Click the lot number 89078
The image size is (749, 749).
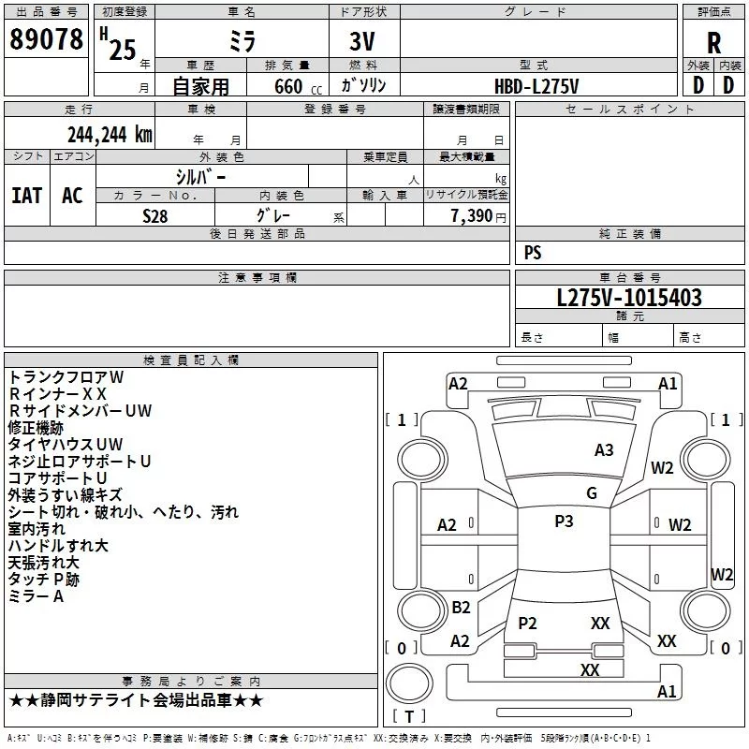(x=45, y=40)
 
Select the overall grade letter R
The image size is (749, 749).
(x=713, y=43)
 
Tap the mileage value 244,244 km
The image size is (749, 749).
(x=109, y=135)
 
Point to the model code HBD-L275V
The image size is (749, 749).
(x=536, y=85)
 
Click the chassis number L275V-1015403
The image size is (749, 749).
(x=629, y=298)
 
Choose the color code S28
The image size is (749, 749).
(x=155, y=215)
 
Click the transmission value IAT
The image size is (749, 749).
(x=27, y=196)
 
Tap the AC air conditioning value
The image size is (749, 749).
(x=72, y=196)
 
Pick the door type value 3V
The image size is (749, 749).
(x=364, y=42)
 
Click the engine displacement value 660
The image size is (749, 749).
(x=287, y=86)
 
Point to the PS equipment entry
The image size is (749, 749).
(x=533, y=253)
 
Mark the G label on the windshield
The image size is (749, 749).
(x=592, y=493)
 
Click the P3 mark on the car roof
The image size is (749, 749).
(x=564, y=521)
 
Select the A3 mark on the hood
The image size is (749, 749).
(x=605, y=450)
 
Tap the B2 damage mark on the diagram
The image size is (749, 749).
(x=461, y=607)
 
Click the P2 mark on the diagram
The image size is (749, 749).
(x=527, y=623)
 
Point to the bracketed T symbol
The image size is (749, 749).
(x=407, y=716)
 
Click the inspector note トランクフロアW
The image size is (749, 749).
(x=66, y=376)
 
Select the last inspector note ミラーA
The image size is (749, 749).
(x=36, y=596)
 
